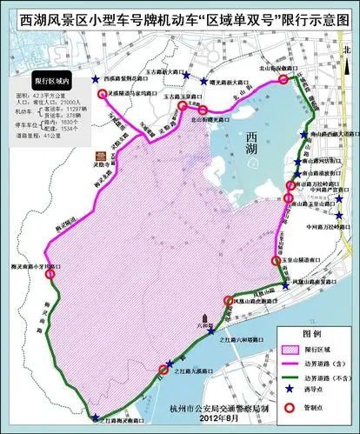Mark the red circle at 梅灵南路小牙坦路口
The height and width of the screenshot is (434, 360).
coord(50,275)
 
